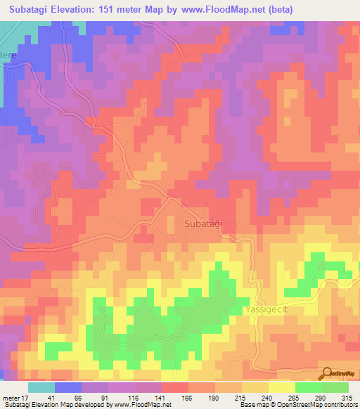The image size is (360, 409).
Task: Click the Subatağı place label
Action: [x=203, y=223]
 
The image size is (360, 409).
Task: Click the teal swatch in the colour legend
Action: [x=41, y=387]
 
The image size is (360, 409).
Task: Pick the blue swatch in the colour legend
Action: [x=68, y=387]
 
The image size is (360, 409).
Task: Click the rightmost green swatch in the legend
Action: [x=335, y=387]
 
